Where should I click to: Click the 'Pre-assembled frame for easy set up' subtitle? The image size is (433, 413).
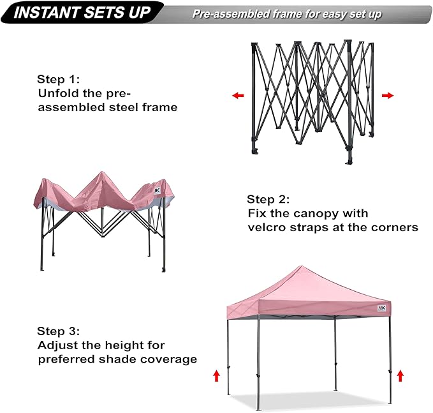287,14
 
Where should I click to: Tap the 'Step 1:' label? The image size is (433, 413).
59,80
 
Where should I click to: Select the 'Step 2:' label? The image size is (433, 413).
268,199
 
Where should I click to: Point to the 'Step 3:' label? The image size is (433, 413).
59,331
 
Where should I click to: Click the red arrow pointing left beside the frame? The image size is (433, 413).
238,96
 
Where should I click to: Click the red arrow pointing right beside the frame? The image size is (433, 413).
387,96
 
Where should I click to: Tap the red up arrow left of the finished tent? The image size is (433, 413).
216,375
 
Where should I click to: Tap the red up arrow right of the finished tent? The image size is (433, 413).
400,375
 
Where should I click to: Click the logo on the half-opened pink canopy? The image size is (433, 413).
158,190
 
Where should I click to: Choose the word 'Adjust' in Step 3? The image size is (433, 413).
55,345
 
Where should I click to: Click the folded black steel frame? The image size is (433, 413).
311,99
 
